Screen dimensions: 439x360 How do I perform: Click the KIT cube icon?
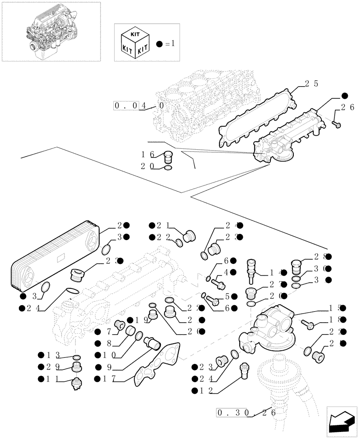tap(133, 42)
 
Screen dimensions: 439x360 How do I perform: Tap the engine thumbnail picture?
tap(51, 31)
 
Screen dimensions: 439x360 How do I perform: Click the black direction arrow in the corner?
tap(341, 421)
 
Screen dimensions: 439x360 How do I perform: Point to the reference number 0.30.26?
tap(245, 412)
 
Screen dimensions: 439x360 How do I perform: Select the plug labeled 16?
tap(167, 157)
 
